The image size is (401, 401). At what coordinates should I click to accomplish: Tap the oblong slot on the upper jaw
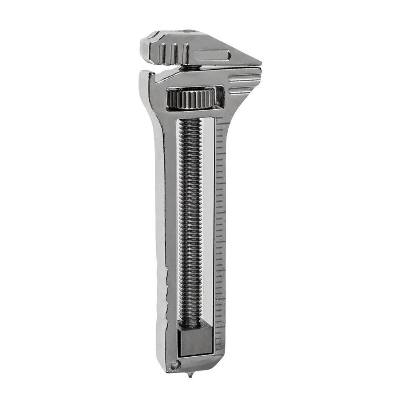tap(213, 55)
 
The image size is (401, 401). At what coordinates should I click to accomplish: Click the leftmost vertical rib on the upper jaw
tap(162, 52)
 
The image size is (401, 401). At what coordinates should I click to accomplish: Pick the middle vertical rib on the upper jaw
tap(174, 53)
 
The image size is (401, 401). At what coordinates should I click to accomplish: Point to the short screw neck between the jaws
tap(191, 68)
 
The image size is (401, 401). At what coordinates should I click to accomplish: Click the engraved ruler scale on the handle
tap(220, 219)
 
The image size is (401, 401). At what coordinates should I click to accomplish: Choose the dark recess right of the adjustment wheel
tap(220, 97)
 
